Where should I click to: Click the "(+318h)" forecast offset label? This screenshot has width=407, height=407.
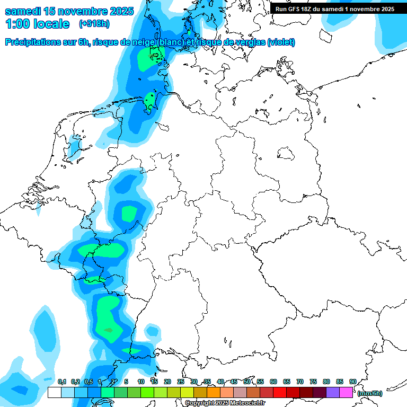tap(94, 24)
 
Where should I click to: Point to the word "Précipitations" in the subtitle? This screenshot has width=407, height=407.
tap(32, 42)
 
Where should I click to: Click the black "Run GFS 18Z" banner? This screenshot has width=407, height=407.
tap(335, 9)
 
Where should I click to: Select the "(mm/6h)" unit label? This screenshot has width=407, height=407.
tap(369, 393)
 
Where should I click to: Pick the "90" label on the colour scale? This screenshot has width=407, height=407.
tap(353, 382)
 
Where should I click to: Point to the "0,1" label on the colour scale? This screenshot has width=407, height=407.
tap(61, 382)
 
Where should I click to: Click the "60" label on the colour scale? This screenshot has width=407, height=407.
tap(273, 382)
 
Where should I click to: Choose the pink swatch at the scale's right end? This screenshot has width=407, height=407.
tap(346, 393)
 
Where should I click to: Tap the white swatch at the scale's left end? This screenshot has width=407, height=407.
tap(54, 393)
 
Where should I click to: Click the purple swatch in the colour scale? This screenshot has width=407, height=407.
tap(333, 393)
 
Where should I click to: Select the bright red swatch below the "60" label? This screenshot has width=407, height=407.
tap(280, 393)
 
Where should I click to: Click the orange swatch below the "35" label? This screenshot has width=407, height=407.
tap(214, 393)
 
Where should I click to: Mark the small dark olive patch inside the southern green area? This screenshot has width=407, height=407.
tap(109, 331)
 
